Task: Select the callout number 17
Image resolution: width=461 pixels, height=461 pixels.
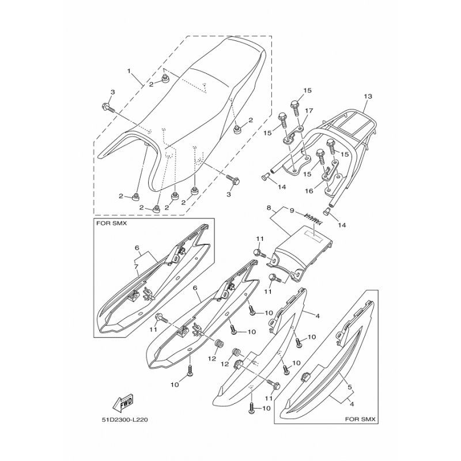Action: [308, 111]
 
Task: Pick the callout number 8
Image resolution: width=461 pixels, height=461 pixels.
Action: [269, 207]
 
